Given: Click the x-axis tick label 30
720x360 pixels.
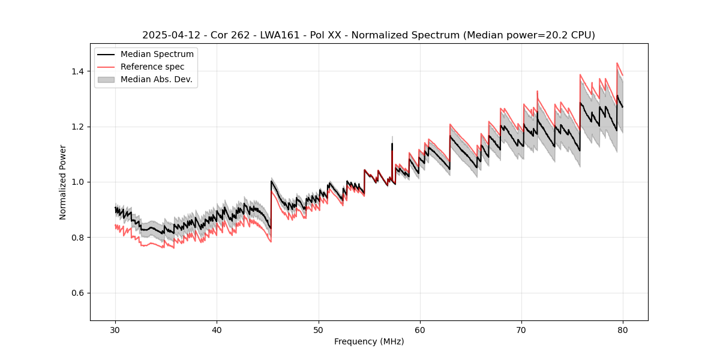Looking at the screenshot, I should pyautogui.click(x=115, y=329).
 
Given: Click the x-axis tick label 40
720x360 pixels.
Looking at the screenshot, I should pyautogui.click(x=217, y=329).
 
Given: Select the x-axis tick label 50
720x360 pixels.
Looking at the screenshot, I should pyautogui.click(x=319, y=329).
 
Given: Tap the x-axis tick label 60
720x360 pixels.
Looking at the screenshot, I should pyautogui.click(x=420, y=329).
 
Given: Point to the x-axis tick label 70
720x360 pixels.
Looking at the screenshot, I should pyautogui.click(x=521, y=329).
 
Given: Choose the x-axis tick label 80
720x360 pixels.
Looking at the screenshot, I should pyautogui.click(x=623, y=329).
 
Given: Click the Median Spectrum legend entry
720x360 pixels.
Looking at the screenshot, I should pyautogui.click(x=157, y=55).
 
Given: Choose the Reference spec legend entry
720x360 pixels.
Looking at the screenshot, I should pyautogui.click(x=152, y=67).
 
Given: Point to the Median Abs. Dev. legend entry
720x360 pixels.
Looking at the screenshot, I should pyautogui.click(x=156, y=80).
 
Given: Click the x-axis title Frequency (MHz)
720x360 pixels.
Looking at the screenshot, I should pyautogui.click(x=369, y=341).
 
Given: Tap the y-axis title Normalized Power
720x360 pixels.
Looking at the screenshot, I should pyautogui.click(x=63, y=182).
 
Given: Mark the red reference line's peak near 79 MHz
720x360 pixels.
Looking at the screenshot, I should pyautogui.click(x=617, y=63).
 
